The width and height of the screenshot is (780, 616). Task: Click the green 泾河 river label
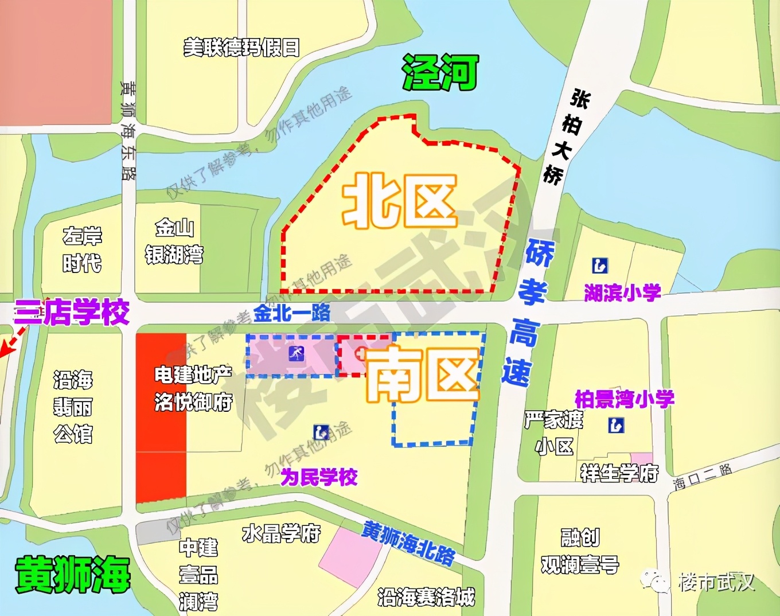point(440,72)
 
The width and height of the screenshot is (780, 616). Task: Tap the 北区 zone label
point(400,202)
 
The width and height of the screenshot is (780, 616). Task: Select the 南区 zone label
point(423,376)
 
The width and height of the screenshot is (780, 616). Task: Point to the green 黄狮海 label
point(73,574)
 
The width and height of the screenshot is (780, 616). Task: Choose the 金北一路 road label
point(292,313)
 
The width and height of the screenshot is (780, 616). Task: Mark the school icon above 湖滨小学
point(600,266)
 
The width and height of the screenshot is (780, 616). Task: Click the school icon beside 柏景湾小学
point(616,425)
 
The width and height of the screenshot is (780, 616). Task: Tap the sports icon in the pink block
point(297,354)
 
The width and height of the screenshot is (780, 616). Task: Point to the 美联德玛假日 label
point(241,48)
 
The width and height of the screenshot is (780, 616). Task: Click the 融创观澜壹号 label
point(580,551)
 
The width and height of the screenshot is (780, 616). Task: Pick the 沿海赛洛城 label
point(426,597)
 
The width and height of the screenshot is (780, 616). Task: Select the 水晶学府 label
point(281,533)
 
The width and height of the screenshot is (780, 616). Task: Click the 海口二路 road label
point(703,476)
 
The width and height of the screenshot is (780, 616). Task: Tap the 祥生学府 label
point(619,473)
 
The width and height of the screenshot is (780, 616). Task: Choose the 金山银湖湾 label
point(174,241)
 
